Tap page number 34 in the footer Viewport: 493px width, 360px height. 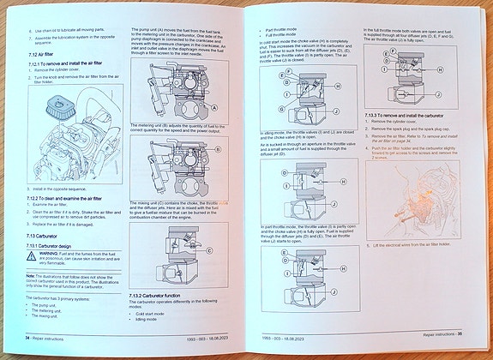[27, 339]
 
